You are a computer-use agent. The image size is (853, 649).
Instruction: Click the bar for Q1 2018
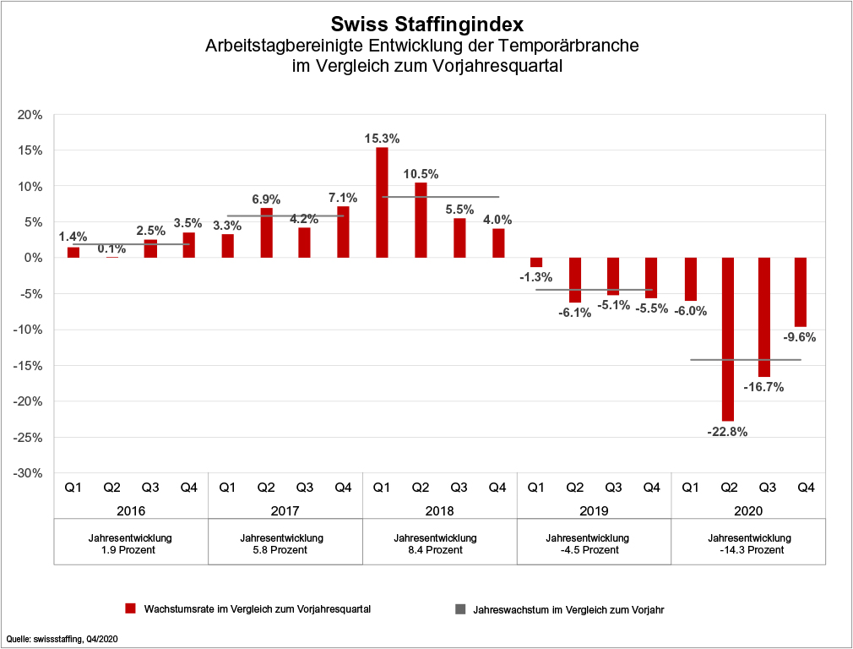[382, 203]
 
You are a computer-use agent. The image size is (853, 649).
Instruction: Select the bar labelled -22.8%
[728, 338]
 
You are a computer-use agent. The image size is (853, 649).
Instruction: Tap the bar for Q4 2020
[801, 292]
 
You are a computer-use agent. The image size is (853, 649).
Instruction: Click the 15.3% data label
[382, 138]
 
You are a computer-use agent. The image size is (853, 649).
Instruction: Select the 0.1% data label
[111, 248]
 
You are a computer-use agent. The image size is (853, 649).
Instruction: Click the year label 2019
[594, 511]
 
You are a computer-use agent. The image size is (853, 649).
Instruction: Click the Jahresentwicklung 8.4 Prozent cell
[440, 544]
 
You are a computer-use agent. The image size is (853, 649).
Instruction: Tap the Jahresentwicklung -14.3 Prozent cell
[749, 544]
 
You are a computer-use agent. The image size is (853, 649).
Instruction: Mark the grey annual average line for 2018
[440, 197]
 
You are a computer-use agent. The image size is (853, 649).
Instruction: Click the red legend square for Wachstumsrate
[130, 608]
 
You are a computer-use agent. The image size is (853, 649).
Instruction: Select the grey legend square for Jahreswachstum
[460, 608]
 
